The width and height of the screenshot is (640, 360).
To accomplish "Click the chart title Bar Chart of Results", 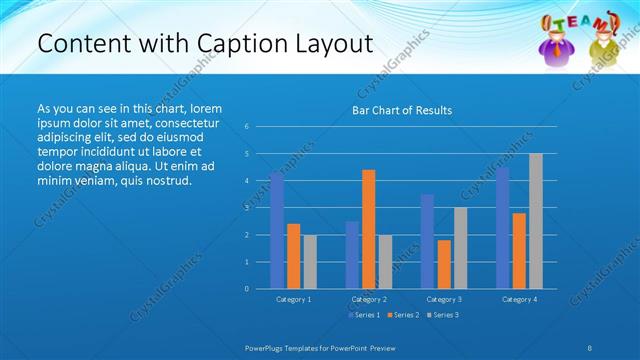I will tap(401, 110).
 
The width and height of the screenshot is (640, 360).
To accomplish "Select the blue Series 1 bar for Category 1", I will tap(277, 230).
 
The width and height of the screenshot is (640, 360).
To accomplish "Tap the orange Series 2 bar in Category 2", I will tap(369, 229).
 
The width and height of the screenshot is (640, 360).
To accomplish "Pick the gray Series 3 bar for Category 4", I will tap(536, 221).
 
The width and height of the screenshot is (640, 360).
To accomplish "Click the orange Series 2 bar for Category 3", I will tap(444, 264).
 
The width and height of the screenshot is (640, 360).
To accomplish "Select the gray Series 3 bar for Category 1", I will tap(310, 261).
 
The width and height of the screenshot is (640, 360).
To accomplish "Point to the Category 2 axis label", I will tap(369, 299).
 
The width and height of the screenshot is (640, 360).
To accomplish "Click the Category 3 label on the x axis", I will tap(444, 299).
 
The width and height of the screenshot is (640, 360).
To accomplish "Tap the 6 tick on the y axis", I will tap(247, 127).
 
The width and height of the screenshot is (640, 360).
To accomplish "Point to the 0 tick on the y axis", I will tap(247, 288).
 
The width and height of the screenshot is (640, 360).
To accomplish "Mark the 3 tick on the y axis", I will tap(247, 208).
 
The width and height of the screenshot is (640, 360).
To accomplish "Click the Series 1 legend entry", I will tap(363, 315).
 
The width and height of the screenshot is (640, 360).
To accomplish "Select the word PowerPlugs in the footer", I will tap(267, 347).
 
